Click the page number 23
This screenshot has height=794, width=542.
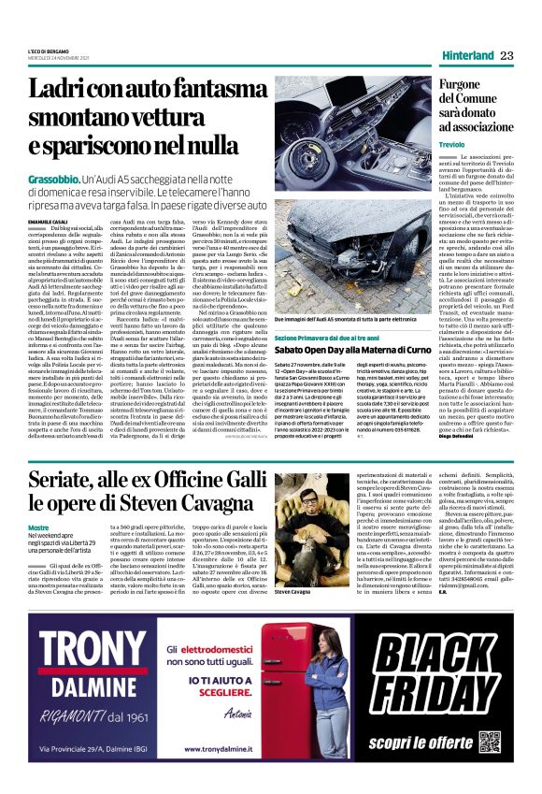click(507, 55)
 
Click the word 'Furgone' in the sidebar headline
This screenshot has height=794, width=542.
click(466, 85)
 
